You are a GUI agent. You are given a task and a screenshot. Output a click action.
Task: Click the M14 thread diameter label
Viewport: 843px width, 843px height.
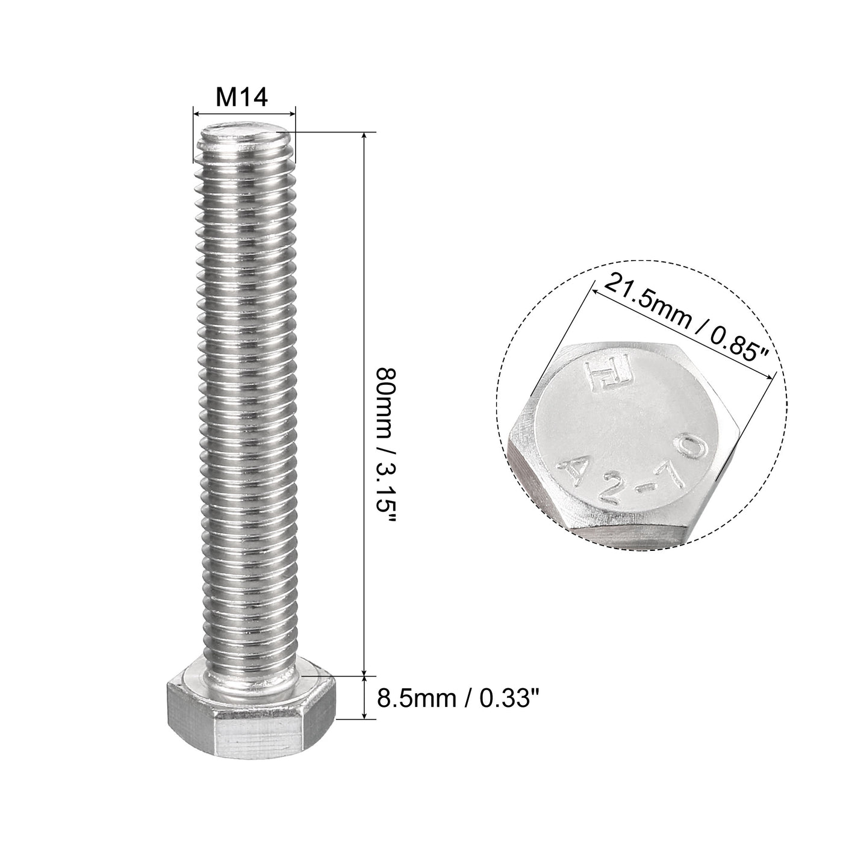click(241, 97)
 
